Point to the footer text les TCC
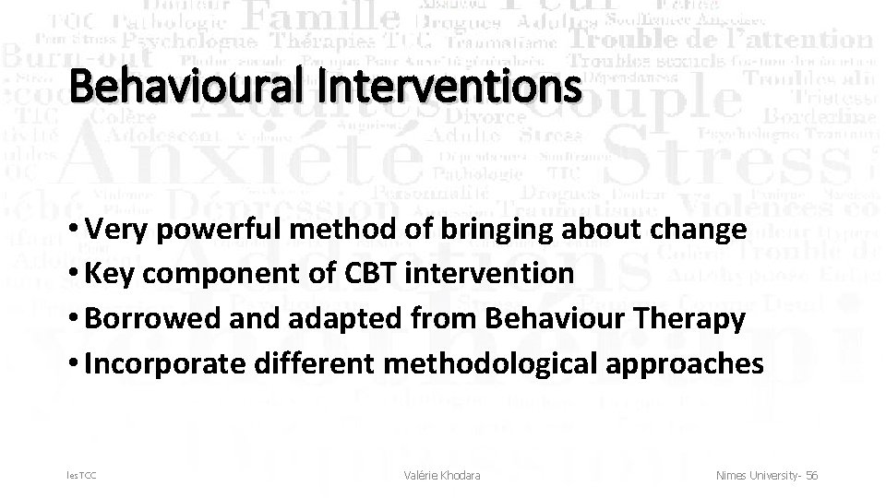(x=81, y=475)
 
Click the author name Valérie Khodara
(x=442, y=475)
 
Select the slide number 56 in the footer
(x=811, y=475)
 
